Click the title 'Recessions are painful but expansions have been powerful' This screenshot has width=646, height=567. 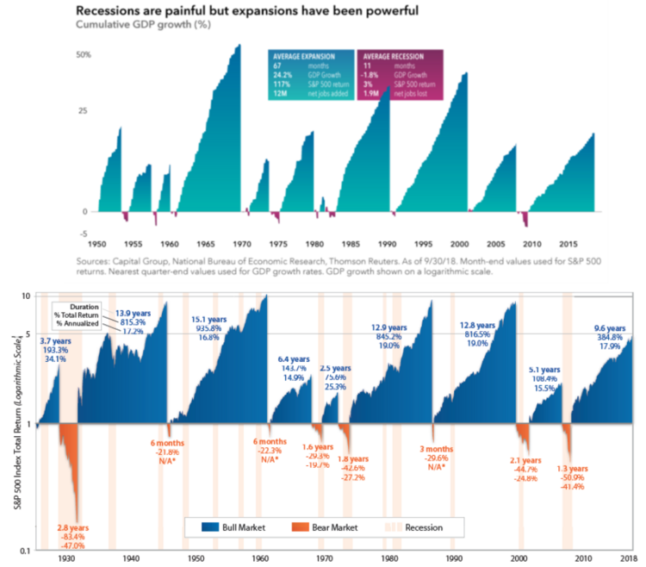(x=247, y=11)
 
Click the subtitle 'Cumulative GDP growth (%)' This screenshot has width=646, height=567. (x=135, y=25)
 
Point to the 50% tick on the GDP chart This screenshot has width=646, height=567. (x=84, y=54)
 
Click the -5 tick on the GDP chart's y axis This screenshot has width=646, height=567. (x=84, y=233)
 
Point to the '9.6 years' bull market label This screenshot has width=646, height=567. (x=611, y=328)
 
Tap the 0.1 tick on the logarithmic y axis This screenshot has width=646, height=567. (x=26, y=550)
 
